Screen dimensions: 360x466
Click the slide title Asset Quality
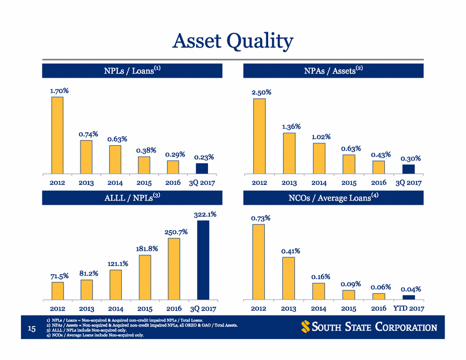click(x=233, y=41)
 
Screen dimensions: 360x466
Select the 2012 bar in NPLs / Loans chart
click(x=57, y=135)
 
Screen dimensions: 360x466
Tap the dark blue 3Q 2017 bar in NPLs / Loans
click(x=202, y=168)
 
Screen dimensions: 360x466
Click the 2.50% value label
click(x=261, y=91)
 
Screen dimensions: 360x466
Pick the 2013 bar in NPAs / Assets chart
click(x=289, y=153)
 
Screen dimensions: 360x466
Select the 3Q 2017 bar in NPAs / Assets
click(x=409, y=169)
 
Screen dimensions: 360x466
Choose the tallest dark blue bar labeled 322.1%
click(x=202, y=260)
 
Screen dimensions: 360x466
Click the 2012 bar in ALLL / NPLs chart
click(x=57, y=290)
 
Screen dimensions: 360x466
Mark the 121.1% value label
click(x=117, y=264)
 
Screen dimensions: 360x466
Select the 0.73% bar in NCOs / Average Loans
click(x=259, y=261)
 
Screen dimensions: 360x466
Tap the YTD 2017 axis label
click(x=408, y=309)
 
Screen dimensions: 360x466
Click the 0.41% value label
click(x=290, y=251)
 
